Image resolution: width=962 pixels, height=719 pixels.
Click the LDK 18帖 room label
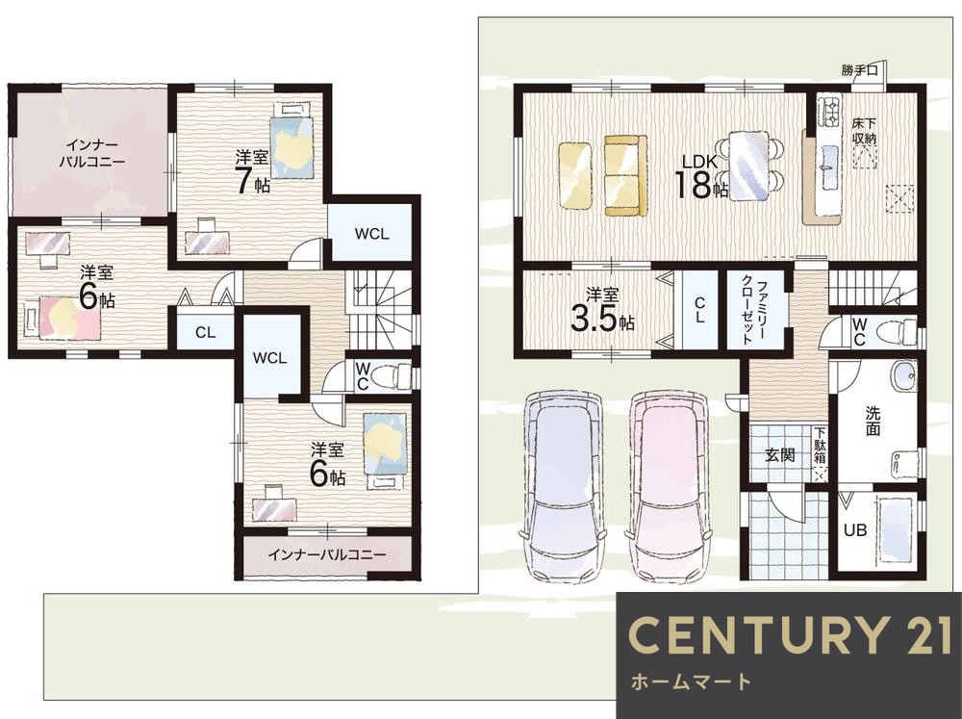tap(702, 176)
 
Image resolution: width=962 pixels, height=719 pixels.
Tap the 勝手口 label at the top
tap(859, 70)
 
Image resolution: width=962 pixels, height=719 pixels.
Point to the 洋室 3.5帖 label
tap(602, 309)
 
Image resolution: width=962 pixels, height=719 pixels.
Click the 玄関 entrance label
tap(780, 455)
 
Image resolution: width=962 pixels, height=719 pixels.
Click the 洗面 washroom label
tap(873, 421)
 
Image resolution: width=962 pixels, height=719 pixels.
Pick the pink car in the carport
tap(668, 485)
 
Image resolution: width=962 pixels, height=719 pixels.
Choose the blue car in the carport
tap(562, 485)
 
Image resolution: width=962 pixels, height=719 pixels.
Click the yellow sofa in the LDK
tap(626, 175)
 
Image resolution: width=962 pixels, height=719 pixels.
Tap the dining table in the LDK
tap(748, 166)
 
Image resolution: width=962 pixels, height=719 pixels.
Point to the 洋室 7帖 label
tap(252, 172)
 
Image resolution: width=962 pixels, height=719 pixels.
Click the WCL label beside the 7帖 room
tap(371, 234)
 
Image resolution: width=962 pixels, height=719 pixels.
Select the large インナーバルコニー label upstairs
tap(92, 153)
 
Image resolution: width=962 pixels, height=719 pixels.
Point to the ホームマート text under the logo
tap(691, 680)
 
